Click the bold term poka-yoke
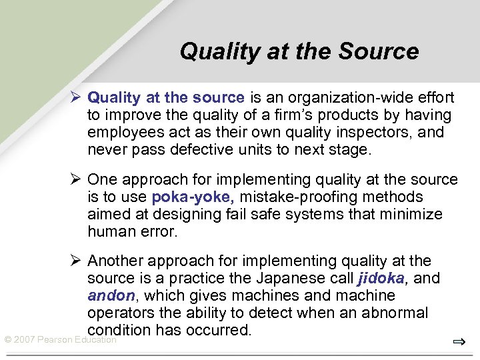pos(193,197)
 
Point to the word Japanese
pos(290,278)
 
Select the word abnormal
pos(399,313)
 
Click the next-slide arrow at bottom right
pos(458,342)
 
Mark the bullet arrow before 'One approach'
pos(77,180)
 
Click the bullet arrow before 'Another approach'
pos(77,261)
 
